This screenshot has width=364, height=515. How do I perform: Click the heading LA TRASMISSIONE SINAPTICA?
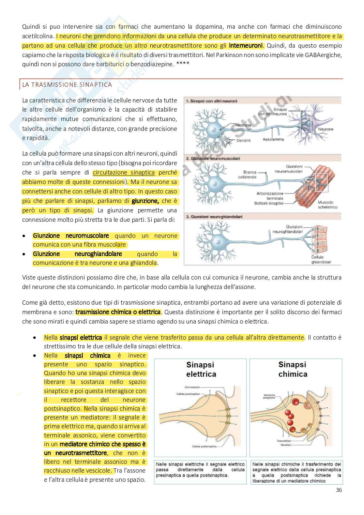(67, 85)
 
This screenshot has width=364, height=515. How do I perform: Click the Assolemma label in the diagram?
(273, 139)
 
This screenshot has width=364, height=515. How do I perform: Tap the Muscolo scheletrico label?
(327, 204)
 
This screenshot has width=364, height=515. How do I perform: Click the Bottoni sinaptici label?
(269, 203)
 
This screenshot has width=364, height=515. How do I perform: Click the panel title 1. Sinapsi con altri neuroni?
(211, 101)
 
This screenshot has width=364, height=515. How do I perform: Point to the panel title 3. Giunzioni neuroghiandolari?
(214, 217)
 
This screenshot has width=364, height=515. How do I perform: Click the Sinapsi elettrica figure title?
(201, 369)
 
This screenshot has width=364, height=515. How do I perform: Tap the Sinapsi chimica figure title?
(293, 369)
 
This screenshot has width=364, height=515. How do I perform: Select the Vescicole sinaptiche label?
(269, 396)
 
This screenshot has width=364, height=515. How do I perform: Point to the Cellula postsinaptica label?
(205, 447)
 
